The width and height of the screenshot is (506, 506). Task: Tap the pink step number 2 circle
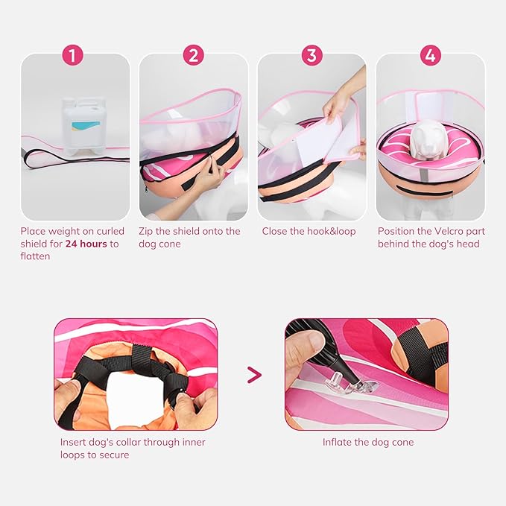coord(193,56)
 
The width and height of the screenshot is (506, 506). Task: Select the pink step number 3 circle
coord(311,56)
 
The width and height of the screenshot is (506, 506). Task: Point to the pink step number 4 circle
coord(430,56)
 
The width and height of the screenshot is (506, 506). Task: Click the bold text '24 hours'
coord(86,244)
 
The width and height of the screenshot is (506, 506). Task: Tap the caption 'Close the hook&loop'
coord(309,232)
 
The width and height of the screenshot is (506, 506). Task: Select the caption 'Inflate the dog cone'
coord(367,443)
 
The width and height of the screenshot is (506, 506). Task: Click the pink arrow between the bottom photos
coord(254,374)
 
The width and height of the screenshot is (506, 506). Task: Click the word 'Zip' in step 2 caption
coord(147,232)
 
